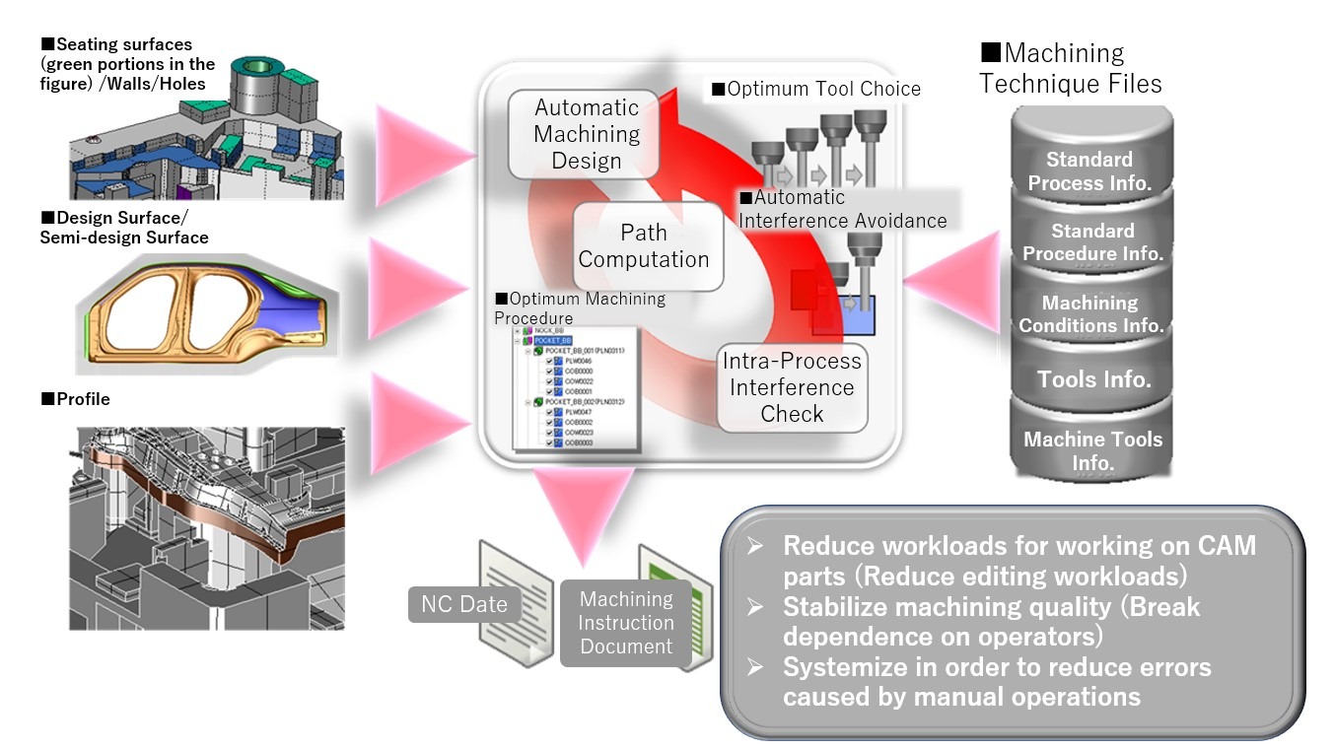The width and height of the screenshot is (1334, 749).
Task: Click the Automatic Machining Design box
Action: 587,135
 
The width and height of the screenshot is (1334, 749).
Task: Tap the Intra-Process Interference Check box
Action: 792,387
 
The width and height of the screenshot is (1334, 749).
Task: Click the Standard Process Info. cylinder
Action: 1089,170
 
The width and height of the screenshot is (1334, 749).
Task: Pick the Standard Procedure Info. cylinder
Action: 1092,242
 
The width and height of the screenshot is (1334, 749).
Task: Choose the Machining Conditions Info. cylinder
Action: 1090,313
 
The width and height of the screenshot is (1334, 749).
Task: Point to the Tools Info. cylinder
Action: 1093,379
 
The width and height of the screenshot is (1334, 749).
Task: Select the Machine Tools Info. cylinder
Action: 1092,450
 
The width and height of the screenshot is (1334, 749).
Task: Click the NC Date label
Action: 463,604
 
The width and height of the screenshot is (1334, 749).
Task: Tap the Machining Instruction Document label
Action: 626,623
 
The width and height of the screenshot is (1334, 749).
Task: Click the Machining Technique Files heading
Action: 1070,68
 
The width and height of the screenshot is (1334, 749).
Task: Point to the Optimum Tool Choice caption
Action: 815,89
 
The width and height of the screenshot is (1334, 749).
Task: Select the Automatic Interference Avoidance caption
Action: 842,209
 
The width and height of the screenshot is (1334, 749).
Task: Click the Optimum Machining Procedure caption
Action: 580,307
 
